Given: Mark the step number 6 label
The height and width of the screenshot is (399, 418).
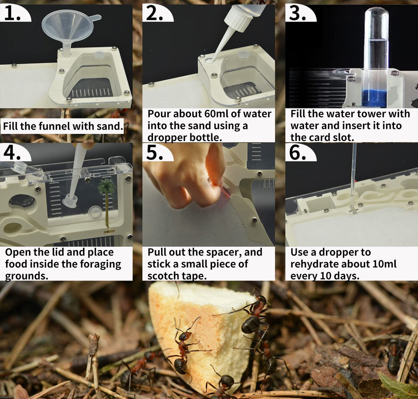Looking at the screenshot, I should (x=297, y=153).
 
